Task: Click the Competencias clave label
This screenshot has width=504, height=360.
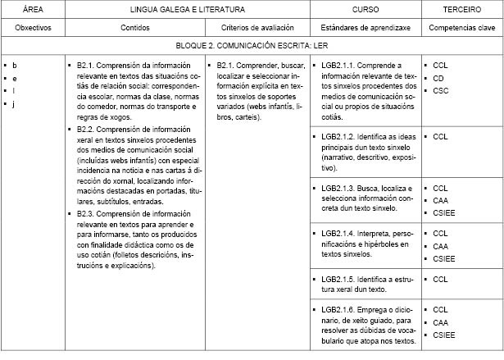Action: click(461, 27)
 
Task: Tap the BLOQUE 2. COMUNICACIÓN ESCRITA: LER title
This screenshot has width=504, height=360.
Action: click(252, 47)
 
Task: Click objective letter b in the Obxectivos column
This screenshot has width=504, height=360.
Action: click(15, 64)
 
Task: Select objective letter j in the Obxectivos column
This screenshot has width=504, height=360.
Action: click(15, 103)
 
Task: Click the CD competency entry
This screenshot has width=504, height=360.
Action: click(438, 77)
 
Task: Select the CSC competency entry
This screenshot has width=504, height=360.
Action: click(440, 90)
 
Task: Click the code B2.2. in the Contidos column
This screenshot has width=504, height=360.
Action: click(88, 129)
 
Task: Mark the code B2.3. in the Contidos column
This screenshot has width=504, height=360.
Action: click(88, 213)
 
